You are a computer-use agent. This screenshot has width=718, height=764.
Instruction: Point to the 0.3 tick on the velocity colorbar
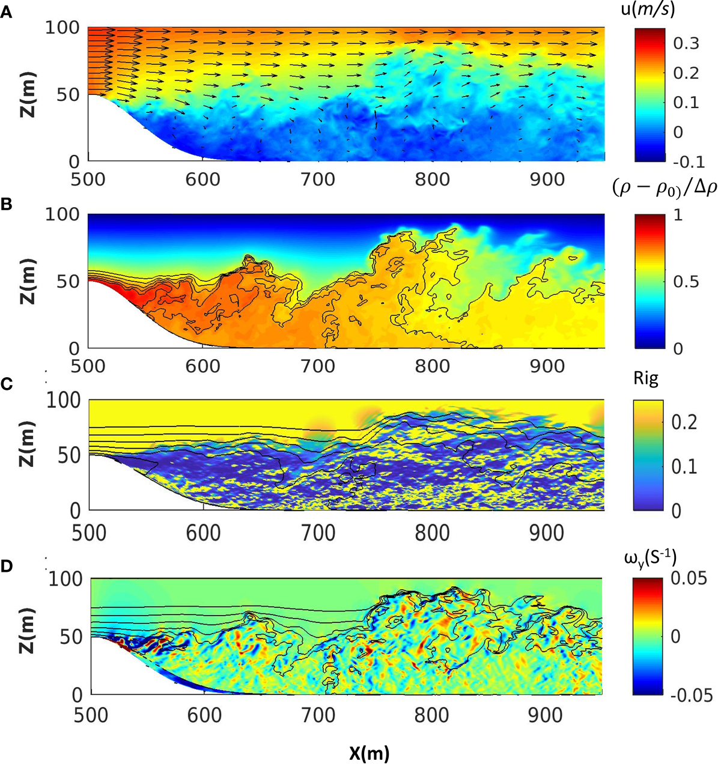point(686,43)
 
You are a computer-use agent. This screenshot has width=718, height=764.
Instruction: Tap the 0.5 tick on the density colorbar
point(686,282)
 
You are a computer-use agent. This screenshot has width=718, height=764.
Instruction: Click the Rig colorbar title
point(646,378)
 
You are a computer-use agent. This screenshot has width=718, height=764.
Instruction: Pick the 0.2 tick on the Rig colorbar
point(686,422)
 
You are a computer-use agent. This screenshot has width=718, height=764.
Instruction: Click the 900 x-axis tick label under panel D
point(548,715)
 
